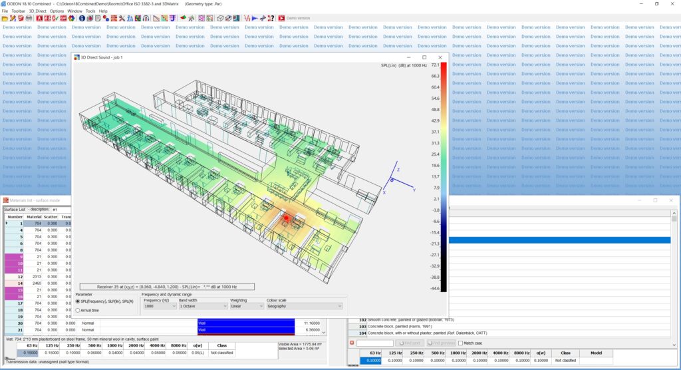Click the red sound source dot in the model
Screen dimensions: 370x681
(x=286, y=218)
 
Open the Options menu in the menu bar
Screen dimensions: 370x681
(x=57, y=11)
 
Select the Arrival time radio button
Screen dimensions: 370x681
(x=78, y=310)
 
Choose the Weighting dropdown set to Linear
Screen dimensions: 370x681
(x=245, y=306)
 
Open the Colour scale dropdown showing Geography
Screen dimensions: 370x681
(x=304, y=306)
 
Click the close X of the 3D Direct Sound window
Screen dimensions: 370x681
(x=440, y=58)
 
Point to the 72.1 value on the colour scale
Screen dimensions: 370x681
(x=435, y=65)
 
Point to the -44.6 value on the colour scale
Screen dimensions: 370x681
(x=435, y=288)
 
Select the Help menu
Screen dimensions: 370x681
(x=103, y=11)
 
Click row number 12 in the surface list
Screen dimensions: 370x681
(x=20, y=276)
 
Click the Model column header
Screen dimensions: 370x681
(x=597, y=353)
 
